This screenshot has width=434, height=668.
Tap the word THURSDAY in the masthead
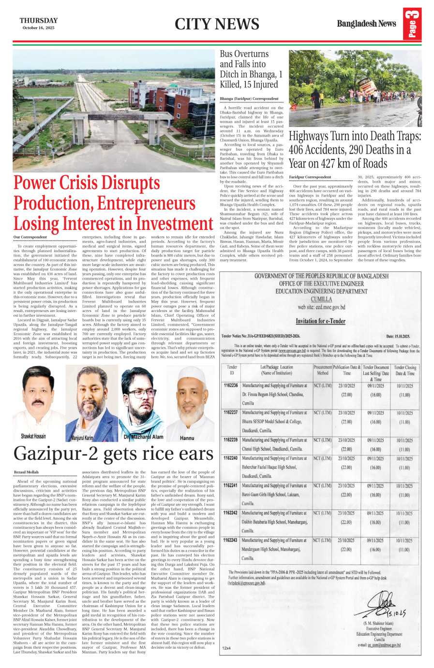(x=39, y=20)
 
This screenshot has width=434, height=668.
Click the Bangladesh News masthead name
(x=366, y=24)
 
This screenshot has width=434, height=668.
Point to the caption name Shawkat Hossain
(x=33, y=436)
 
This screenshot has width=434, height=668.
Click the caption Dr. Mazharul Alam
(x=143, y=437)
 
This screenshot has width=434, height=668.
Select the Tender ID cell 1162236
(x=231, y=386)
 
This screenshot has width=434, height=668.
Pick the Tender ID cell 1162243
(x=231, y=540)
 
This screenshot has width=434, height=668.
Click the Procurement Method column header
(x=322, y=370)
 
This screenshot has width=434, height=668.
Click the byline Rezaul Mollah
(x=26, y=472)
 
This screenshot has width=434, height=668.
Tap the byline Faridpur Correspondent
(x=310, y=177)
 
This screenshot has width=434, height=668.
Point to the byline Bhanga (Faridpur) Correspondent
(x=249, y=99)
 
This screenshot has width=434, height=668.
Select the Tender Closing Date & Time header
(x=404, y=370)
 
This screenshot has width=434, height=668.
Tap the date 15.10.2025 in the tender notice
(x=398, y=336)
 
